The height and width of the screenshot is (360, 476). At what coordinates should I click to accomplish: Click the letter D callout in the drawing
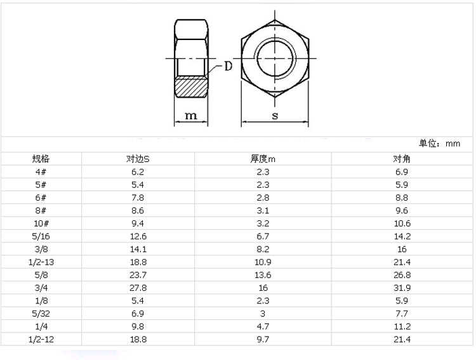pos(228,66)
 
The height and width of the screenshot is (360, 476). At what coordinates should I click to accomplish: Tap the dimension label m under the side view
pos(191,116)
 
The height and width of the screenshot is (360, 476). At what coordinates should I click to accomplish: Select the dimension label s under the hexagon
pos(275,116)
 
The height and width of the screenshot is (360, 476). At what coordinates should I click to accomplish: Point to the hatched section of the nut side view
pos(191,87)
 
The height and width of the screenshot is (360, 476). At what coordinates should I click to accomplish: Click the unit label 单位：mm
pos(440,143)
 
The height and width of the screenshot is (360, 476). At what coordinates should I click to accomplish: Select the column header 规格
pos(41,159)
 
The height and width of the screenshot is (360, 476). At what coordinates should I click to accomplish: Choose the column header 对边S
pos(138,159)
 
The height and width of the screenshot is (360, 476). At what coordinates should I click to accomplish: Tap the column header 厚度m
pos(263,159)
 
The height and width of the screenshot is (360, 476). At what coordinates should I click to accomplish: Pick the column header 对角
pos(402,159)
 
